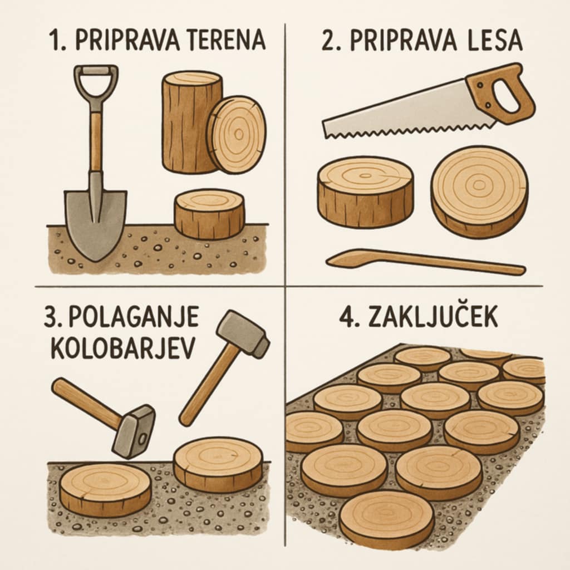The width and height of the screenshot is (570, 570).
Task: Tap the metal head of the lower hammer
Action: [134, 430]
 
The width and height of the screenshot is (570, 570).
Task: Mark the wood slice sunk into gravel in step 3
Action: [105, 489]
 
